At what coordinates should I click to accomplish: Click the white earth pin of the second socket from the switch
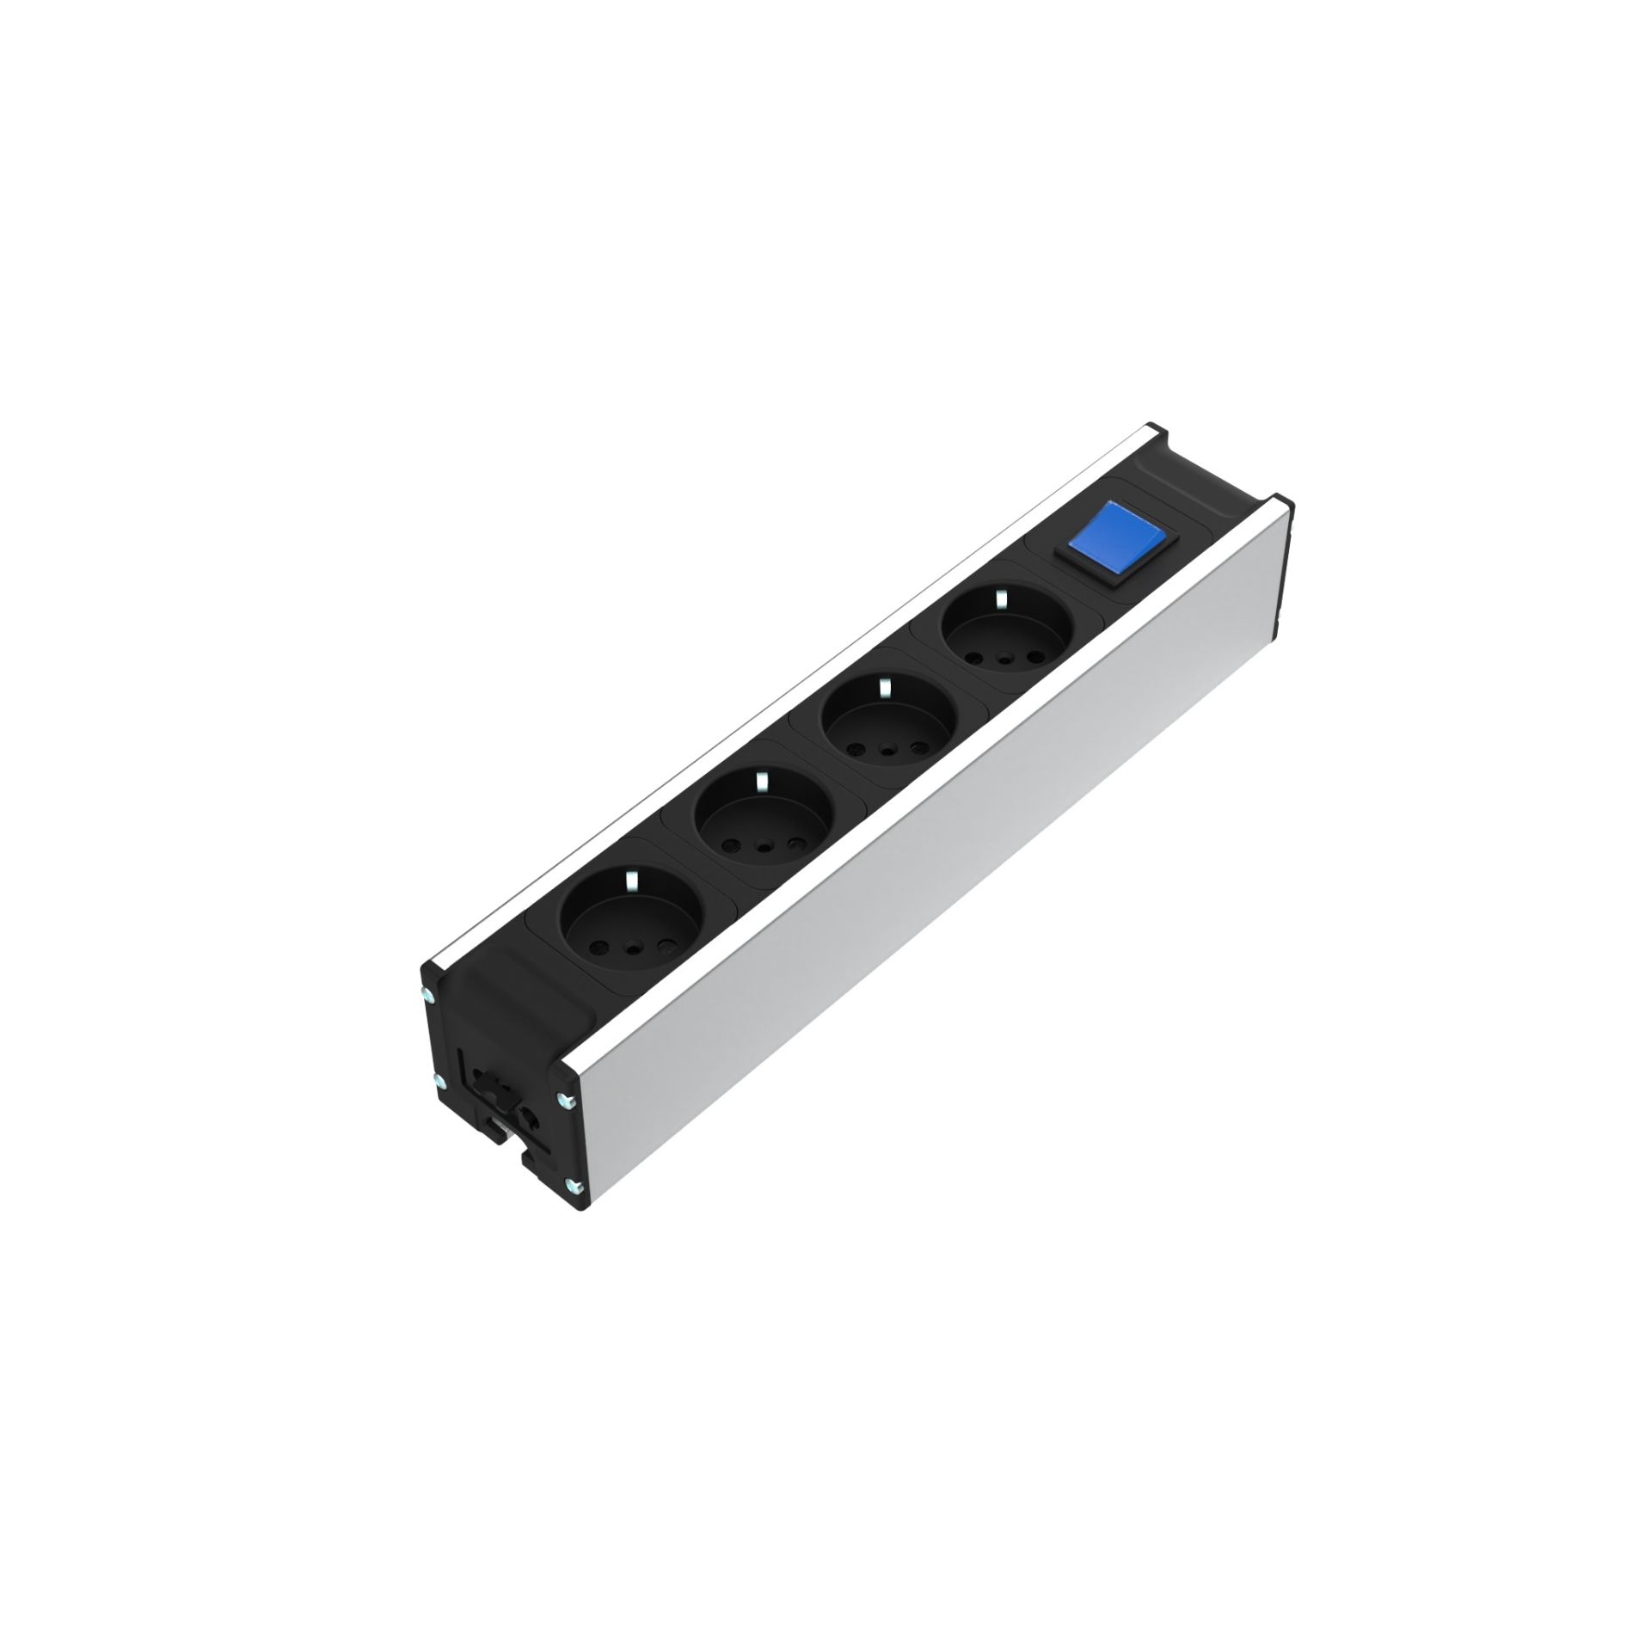(883, 685)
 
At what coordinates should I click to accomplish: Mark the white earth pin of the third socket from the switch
(759, 781)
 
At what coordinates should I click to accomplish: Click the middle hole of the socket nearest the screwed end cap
(635, 948)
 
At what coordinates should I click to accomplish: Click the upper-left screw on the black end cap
(427, 995)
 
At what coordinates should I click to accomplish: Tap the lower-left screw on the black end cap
(439, 1080)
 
